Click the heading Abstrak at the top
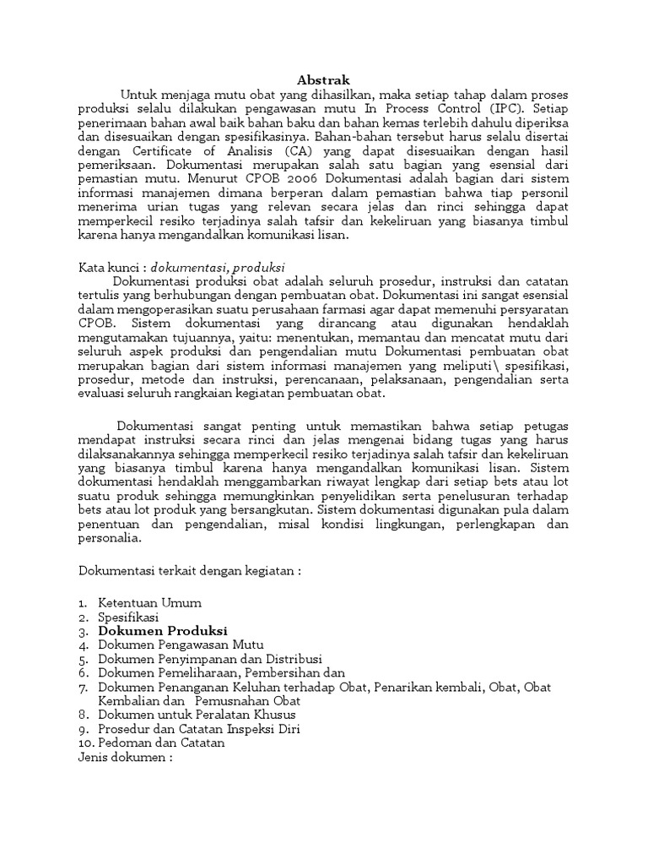[x=323, y=79]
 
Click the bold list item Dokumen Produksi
[x=163, y=631]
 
